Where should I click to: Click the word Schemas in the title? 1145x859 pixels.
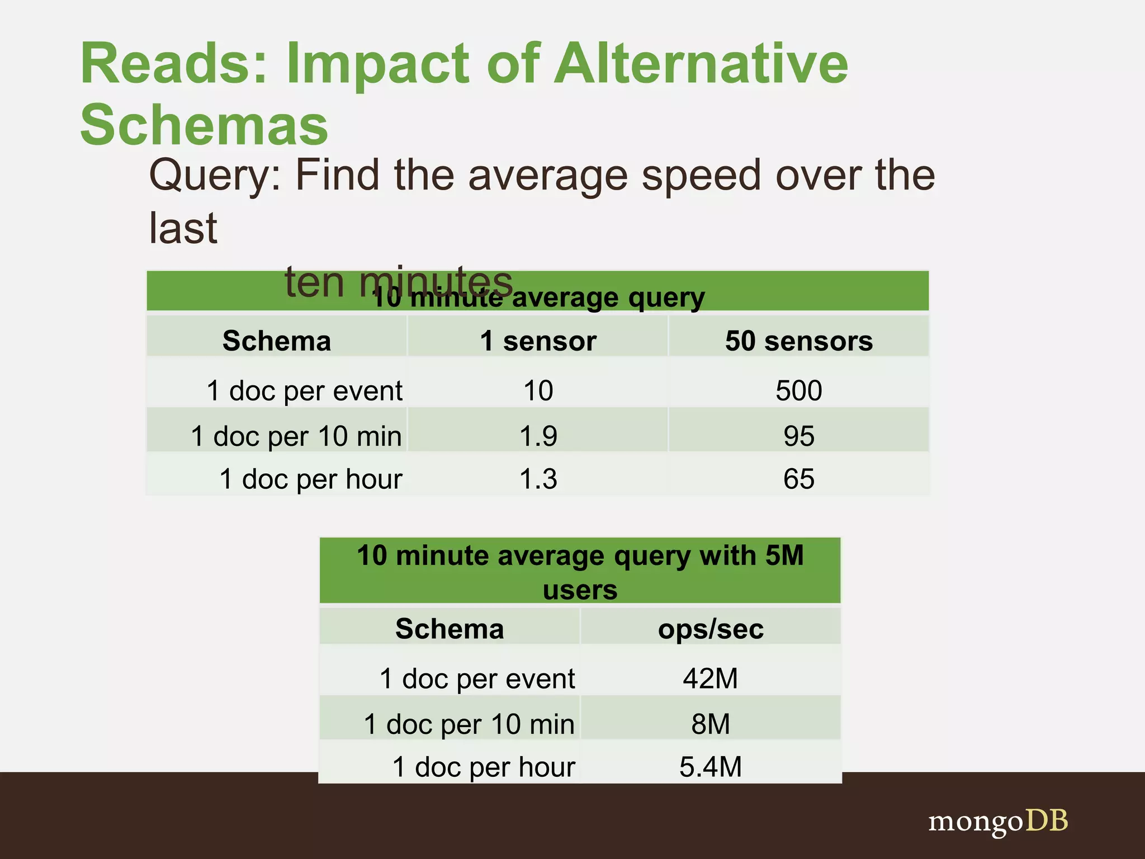[204, 124]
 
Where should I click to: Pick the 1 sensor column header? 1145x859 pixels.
[538, 341]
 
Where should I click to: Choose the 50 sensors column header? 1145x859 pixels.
[799, 341]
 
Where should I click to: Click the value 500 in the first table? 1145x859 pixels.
[799, 390]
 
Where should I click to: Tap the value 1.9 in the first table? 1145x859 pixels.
[538, 436]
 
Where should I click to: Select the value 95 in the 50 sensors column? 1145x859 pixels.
[799, 436]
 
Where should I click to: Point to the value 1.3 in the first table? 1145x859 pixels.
[538, 479]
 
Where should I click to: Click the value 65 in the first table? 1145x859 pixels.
[799, 479]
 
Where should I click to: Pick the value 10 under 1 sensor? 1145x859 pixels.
[538, 390]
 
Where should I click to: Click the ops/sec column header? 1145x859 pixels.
[711, 629]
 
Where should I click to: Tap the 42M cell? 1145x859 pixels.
[711, 678]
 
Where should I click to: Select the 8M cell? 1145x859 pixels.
[711, 724]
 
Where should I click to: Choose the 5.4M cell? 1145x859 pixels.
[711, 767]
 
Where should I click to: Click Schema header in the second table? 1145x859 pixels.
[450, 629]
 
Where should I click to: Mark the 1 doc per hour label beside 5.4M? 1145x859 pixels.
[484, 767]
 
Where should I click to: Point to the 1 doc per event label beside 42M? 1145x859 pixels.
[477, 679]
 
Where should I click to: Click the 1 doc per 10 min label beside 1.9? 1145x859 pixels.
[296, 436]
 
